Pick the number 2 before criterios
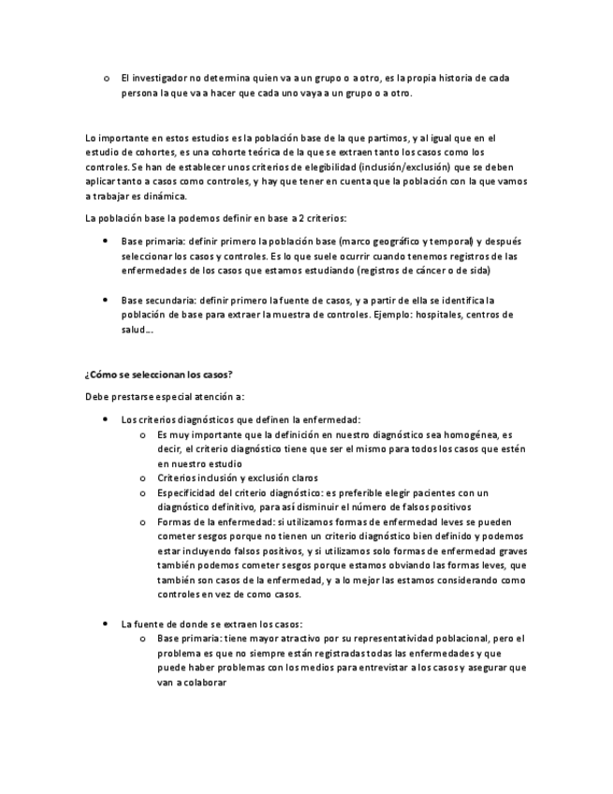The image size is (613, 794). pos(297,218)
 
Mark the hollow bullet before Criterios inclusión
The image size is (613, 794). pos(141,478)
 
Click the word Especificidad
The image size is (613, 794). pos(187,493)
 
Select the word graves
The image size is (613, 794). pos(507,551)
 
